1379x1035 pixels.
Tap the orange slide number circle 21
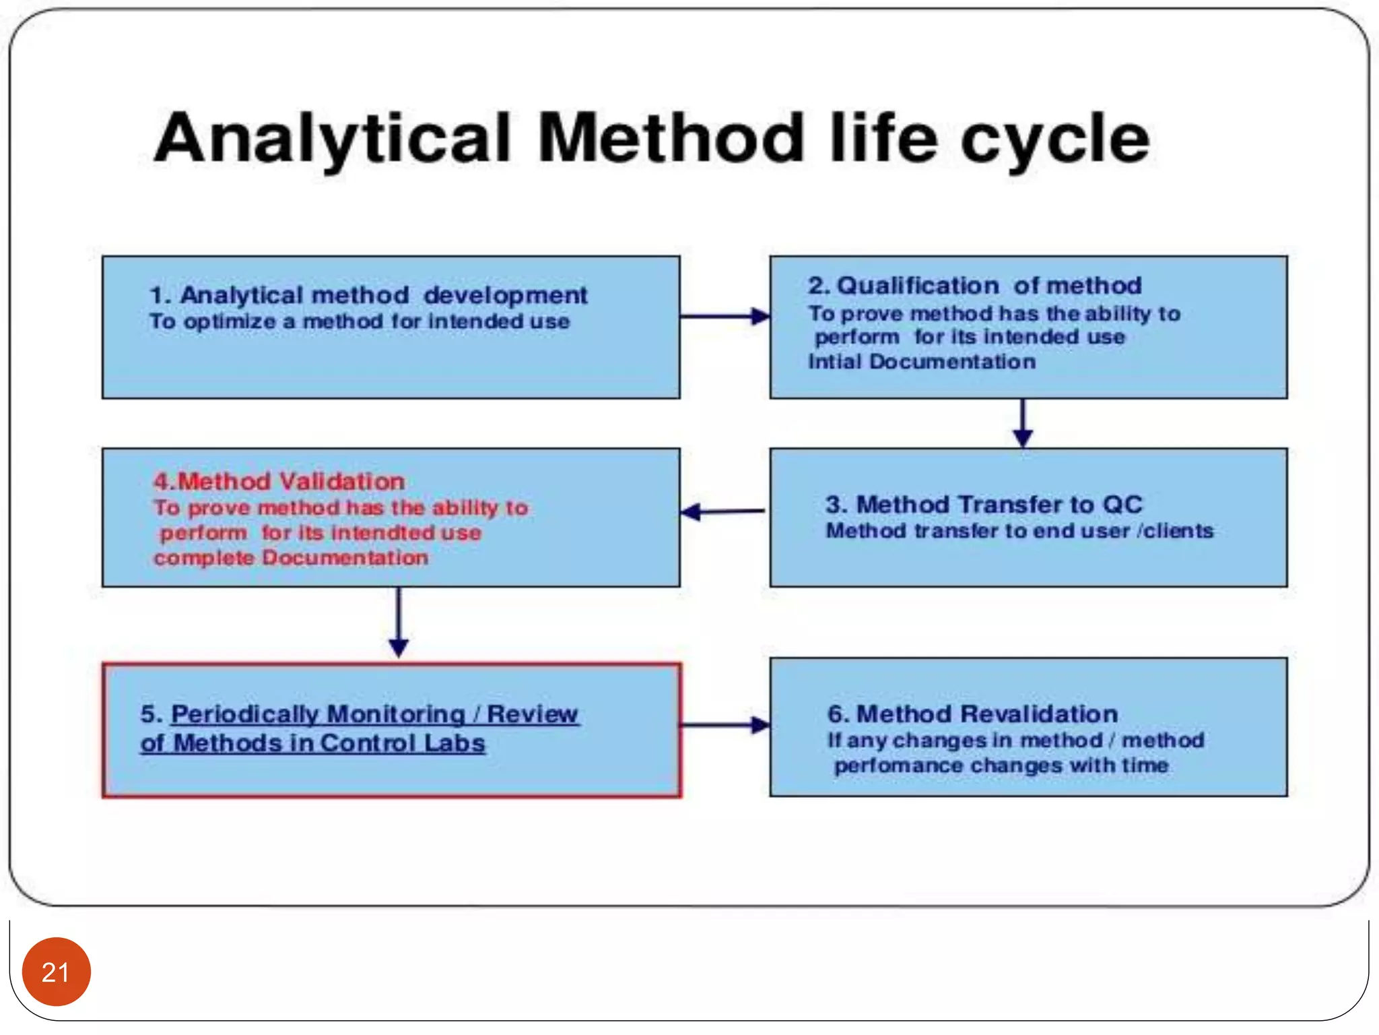[56, 972]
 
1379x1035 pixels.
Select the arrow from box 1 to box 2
[725, 316]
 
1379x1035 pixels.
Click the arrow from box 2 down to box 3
[1022, 422]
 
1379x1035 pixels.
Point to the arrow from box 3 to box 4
[723, 511]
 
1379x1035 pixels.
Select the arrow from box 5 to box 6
[725, 725]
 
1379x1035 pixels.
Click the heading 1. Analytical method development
[368, 295]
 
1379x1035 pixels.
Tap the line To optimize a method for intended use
[360, 321]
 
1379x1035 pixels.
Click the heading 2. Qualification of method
[974, 286]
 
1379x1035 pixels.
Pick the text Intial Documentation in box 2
[921, 362]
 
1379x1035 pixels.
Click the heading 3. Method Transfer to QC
[984, 504]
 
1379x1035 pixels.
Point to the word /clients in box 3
[1175, 531]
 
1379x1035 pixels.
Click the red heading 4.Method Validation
[279, 481]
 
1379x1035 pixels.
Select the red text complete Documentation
[290, 558]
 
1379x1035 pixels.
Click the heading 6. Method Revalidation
[972, 714]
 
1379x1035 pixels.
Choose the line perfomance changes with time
[1001, 765]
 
